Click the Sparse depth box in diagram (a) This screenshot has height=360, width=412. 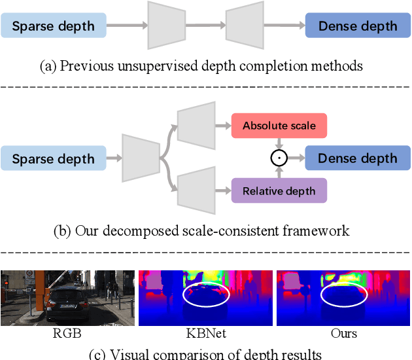tap(53, 27)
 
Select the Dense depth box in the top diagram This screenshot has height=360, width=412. tap(358, 27)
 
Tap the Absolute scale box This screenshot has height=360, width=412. tap(279, 125)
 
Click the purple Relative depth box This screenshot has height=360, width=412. tap(279, 191)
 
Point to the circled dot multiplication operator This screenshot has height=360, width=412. tap(279, 158)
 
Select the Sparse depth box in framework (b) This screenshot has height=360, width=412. tap(53, 159)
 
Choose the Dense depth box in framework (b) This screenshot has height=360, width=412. tap(358, 158)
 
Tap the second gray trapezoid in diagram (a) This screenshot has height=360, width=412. tap(245, 26)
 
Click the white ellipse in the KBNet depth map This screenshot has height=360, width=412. tap(205, 295)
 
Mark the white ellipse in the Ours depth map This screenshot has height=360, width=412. tap(343, 295)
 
